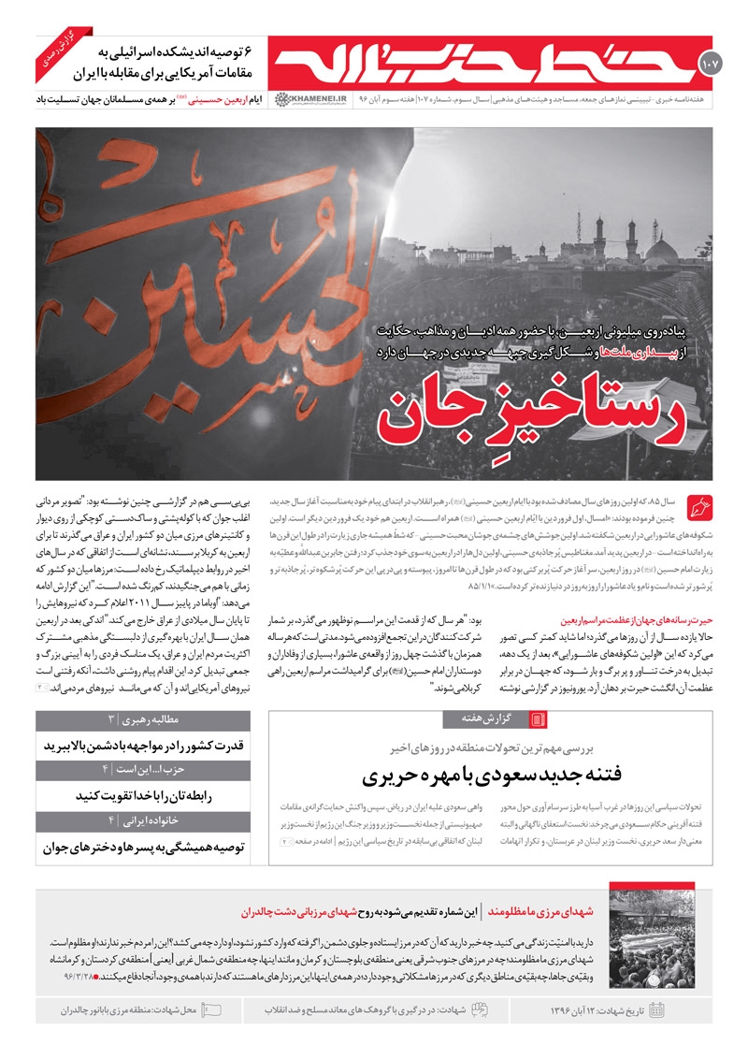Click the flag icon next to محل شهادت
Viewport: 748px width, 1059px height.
coord(211,1009)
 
